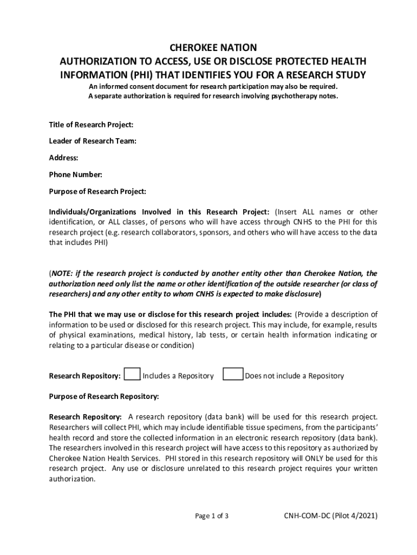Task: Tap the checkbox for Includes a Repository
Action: coord(132,375)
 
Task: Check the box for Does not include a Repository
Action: coord(233,375)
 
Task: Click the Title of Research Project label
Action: coord(91,125)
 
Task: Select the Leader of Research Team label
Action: coord(93,141)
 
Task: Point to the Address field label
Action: coord(64,158)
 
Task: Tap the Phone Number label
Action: coord(76,175)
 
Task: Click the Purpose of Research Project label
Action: coord(97,191)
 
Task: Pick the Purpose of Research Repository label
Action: coord(104,396)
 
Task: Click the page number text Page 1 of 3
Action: coord(212,515)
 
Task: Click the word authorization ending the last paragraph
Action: coord(72,479)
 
